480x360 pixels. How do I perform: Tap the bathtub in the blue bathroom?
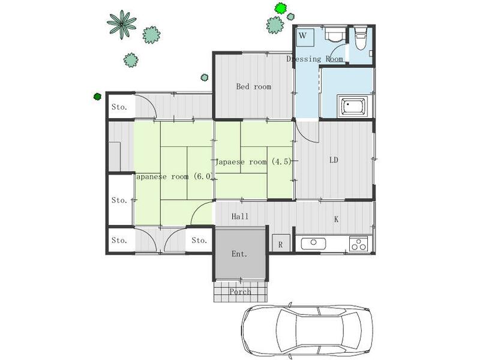(x=352, y=106)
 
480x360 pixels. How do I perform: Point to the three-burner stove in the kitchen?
(x=358, y=244)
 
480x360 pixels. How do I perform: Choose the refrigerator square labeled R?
(x=281, y=243)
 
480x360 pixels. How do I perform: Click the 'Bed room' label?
(x=254, y=86)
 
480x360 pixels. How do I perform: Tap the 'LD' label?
(x=334, y=160)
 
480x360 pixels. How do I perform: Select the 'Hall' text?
(x=240, y=217)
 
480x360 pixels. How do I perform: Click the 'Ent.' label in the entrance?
(x=239, y=254)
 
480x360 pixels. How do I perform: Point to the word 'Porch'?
(x=241, y=292)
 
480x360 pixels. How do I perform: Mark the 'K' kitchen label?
(x=336, y=219)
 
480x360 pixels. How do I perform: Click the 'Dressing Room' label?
(x=314, y=59)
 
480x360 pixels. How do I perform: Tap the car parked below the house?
(x=307, y=331)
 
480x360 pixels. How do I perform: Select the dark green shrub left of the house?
(x=97, y=97)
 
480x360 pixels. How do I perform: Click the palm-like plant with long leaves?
(x=122, y=24)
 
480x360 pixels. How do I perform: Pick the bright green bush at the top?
(x=280, y=8)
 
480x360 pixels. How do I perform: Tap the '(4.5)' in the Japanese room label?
(x=281, y=161)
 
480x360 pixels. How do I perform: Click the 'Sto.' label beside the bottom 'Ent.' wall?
(x=199, y=241)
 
